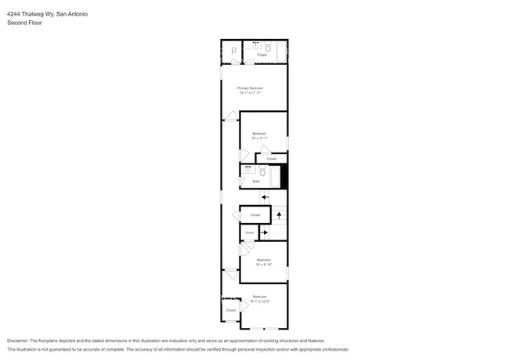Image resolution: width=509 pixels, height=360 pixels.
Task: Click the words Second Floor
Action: (x=24, y=23)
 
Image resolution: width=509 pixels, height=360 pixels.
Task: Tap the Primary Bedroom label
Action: (x=250, y=88)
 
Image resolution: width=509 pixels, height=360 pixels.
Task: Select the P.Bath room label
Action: (x=262, y=55)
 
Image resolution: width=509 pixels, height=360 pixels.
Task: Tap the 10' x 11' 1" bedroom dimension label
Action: (x=259, y=139)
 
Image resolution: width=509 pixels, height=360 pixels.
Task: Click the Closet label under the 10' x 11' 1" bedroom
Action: (x=271, y=158)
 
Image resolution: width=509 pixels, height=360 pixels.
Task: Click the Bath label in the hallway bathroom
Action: (x=256, y=181)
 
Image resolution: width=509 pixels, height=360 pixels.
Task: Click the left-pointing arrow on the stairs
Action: (x=265, y=197)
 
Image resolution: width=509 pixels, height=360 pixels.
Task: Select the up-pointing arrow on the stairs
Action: (x=279, y=213)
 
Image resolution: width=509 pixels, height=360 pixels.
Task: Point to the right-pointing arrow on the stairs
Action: (x=265, y=232)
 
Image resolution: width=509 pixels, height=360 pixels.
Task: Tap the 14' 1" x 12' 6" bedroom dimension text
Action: (x=259, y=301)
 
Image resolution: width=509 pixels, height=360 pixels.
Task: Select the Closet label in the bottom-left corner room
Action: (x=231, y=310)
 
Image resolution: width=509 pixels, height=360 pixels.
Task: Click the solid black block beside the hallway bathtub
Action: (x=284, y=177)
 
